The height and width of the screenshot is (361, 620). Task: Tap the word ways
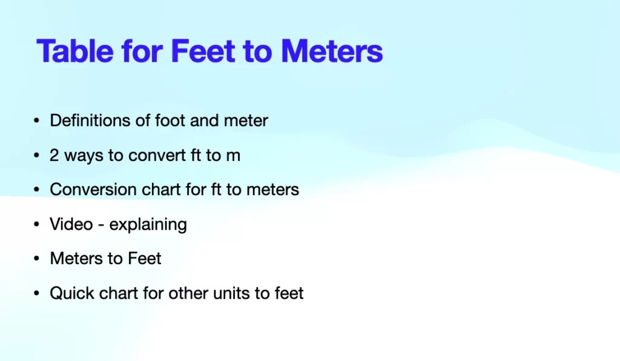(x=84, y=156)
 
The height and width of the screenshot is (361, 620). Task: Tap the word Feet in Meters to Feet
(x=144, y=259)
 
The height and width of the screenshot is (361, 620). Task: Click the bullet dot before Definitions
(x=37, y=121)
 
